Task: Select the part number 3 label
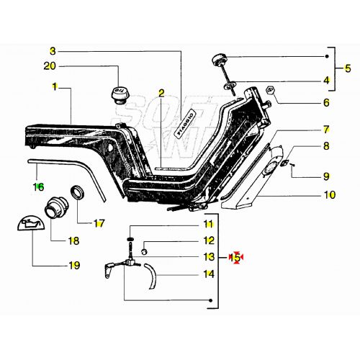pyautogui.click(x=52, y=51)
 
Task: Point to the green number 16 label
pyautogui.click(x=39, y=186)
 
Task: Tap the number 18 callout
pyautogui.click(x=73, y=241)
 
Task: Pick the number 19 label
pyautogui.click(x=73, y=266)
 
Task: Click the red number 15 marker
pyautogui.click(x=235, y=256)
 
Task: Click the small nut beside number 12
pyautogui.click(x=145, y=251)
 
